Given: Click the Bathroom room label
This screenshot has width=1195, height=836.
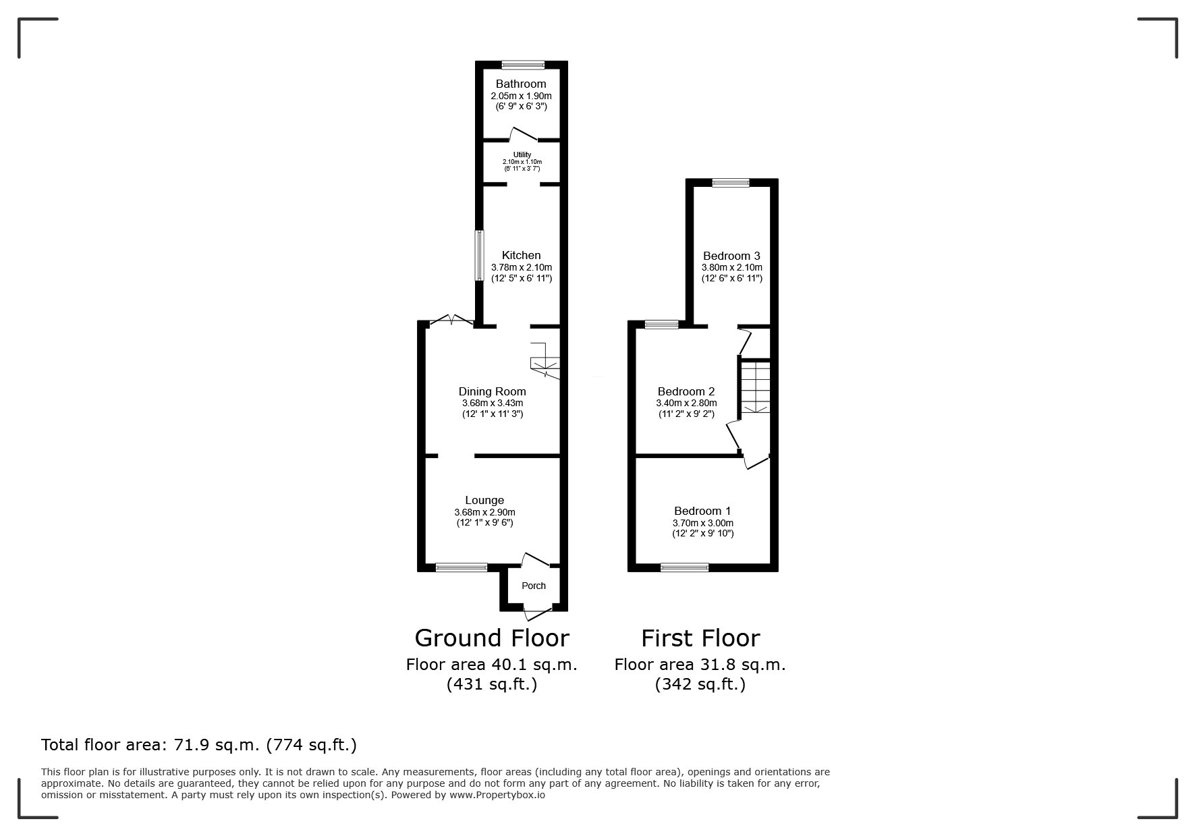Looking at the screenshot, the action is pos(521,84).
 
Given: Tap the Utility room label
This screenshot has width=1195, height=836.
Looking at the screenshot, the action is pos(522,155).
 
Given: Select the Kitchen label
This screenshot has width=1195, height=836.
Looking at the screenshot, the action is pos(522,256).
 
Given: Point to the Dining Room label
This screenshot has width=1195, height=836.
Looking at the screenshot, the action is pos(492,391).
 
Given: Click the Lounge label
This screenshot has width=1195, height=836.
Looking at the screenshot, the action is pos(484,501).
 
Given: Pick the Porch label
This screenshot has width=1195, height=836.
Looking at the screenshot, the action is pos(534,586).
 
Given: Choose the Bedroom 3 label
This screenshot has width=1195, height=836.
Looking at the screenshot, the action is pos(731,256).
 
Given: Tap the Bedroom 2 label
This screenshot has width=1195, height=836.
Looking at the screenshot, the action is pos(686,391).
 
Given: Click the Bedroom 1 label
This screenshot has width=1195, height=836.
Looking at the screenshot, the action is pos(702,511).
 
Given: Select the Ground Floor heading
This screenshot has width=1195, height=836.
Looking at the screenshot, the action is pos(492,638).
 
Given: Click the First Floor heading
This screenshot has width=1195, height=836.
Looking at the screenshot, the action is pos(700,638).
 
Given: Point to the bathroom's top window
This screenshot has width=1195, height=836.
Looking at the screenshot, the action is pos(523,65).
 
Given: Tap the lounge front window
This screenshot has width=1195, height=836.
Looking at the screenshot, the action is pos(462,567).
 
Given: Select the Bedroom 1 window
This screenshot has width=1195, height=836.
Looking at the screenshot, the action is pos(684,567).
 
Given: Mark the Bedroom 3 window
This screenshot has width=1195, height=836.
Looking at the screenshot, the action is pos(731,182).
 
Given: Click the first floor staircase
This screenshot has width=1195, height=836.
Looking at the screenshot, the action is pos(755,389).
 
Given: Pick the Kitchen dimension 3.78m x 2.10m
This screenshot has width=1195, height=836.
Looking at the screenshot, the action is pos(522,267).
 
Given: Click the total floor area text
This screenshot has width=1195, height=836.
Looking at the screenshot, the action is pos(199,745).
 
